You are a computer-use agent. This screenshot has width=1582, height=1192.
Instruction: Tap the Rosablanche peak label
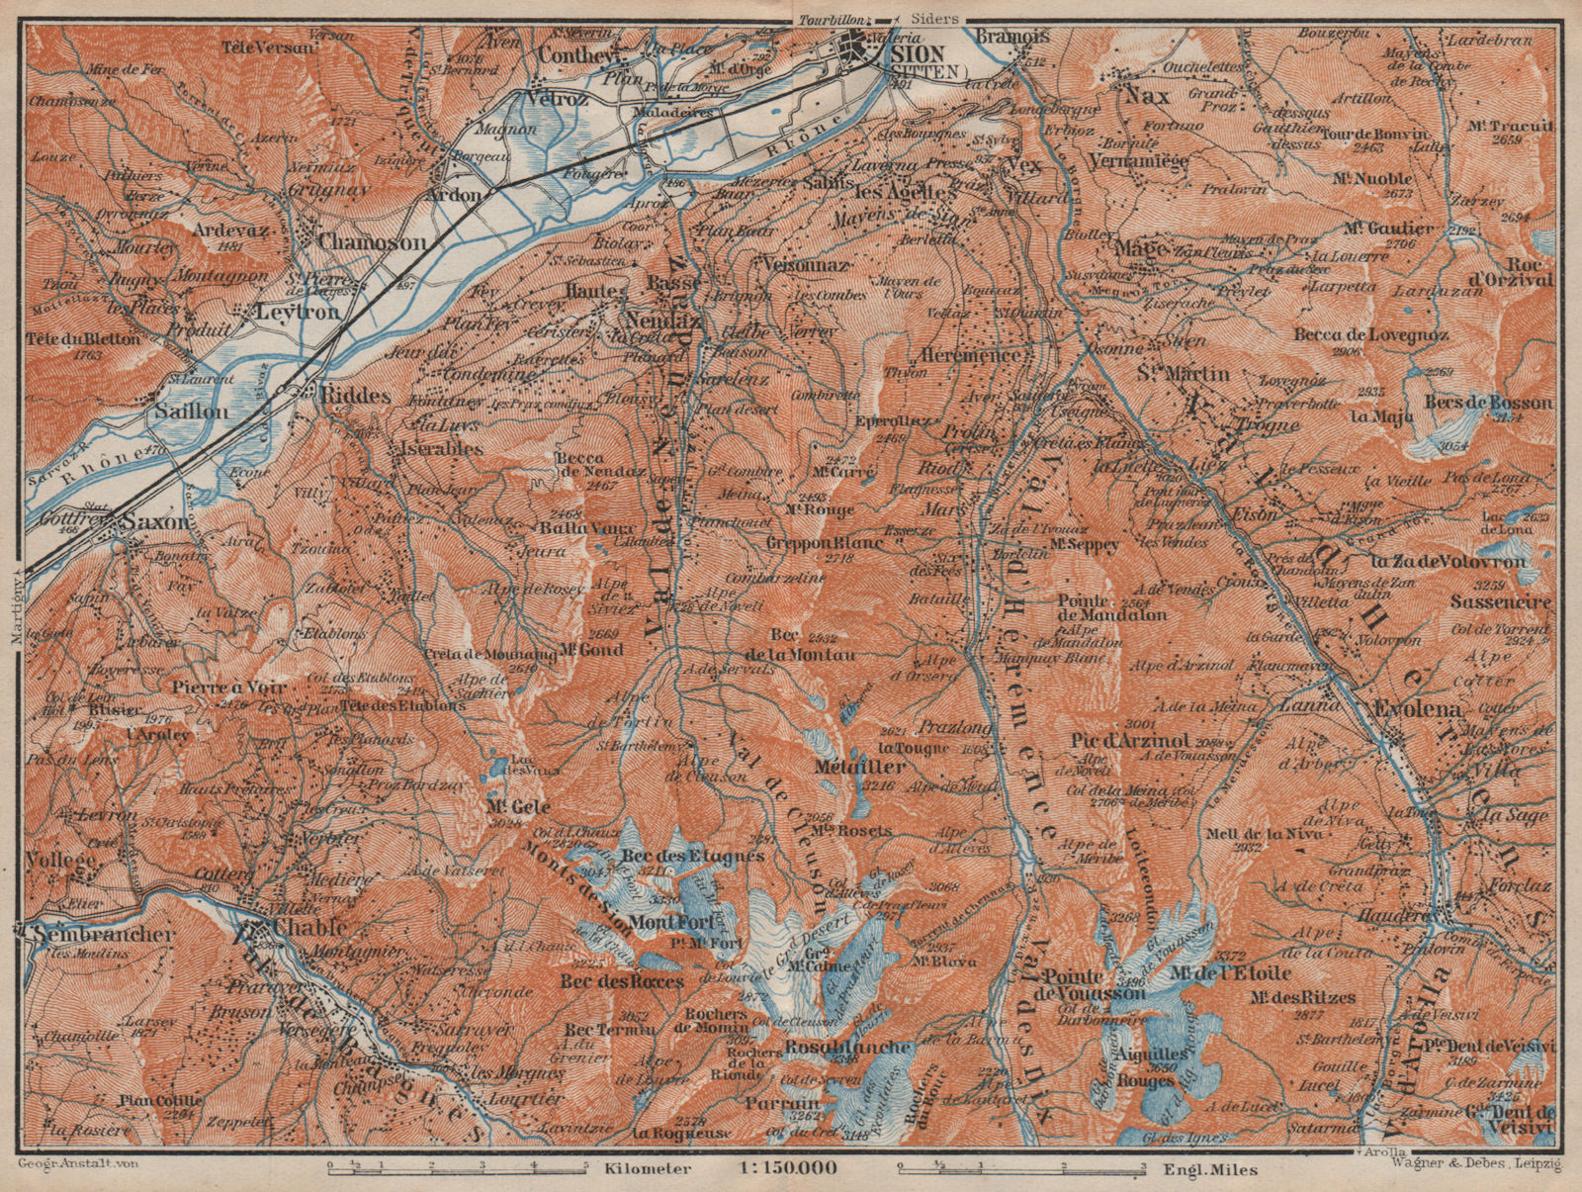pos(847,1048)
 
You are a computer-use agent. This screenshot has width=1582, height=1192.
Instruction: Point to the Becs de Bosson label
pos(1488,403)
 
